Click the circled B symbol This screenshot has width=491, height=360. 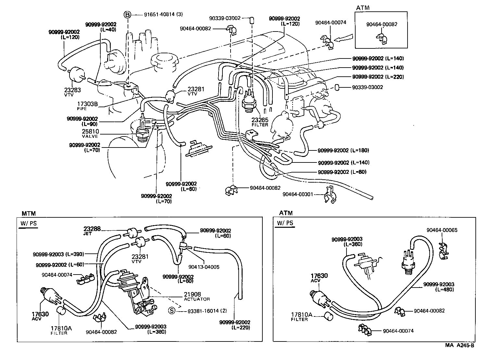click(128, 15)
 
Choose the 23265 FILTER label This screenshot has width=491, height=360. click(260, 122)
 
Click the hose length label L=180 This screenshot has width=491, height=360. click(360, 150)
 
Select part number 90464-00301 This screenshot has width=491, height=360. click(298, 194)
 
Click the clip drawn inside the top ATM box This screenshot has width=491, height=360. click(382, 38)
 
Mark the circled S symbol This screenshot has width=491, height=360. click(171, 311)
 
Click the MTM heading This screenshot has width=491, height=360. click(29, 213)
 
